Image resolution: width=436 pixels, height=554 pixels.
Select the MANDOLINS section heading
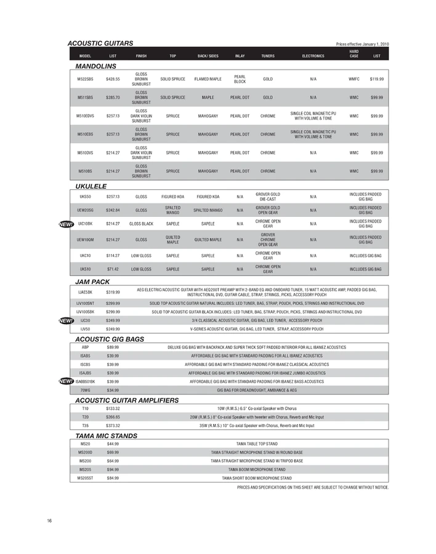point(95,65)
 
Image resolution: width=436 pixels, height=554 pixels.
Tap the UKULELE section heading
point(91,185)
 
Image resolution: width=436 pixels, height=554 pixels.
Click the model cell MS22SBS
point(86,79)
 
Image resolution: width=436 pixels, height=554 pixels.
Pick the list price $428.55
point(113,79)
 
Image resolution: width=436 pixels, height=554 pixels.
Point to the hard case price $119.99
point(377,79)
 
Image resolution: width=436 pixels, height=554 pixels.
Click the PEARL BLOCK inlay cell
point(240,79)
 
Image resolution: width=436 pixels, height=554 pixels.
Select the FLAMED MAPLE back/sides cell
point(208,79)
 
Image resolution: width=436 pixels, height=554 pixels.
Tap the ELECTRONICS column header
point(313,55)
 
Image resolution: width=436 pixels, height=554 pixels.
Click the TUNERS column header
point(268,55)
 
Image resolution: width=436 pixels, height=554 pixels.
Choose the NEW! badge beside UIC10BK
point(66,224)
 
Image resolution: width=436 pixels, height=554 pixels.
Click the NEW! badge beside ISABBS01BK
point(66,381)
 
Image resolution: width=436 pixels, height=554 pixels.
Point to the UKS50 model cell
point(86,197)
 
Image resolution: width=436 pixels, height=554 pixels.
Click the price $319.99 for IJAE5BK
point(113,292)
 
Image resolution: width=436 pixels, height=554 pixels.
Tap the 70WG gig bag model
point(86,390)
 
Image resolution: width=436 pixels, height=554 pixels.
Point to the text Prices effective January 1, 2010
point(362,44)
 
